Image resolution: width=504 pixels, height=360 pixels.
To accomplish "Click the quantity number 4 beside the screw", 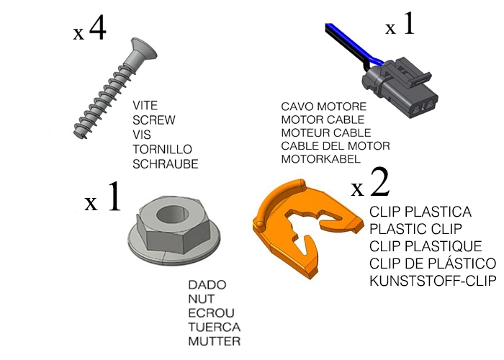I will (x=97, y=30).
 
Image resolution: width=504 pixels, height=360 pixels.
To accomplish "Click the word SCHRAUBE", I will (x=166, y=164).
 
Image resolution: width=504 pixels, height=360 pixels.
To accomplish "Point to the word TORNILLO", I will (x=163, y=150).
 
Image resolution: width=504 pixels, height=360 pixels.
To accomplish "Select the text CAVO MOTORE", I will (x=318, y=107).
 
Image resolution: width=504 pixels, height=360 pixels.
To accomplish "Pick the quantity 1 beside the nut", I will (x=114, y=198).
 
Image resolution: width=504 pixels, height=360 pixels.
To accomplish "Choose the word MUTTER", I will (x=214, y=341).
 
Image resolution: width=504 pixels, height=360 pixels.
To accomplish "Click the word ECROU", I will (x=209, y=313).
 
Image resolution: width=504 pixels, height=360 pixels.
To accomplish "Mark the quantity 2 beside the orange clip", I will (x=379, y=184).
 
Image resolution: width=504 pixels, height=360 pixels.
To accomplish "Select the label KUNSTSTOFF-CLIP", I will (x=433, y=280).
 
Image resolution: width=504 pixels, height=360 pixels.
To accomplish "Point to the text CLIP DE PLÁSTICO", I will (x=433, y=263).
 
